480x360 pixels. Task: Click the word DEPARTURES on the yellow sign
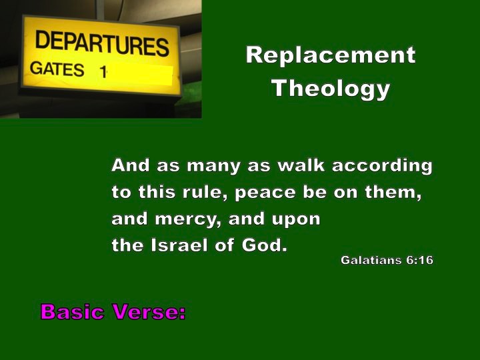coord(102,43)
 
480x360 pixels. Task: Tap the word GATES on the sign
coord(57,69)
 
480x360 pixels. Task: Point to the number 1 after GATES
coord(103,71)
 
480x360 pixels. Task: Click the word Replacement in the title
coord(331,55)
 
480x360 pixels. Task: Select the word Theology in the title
coord(331,89)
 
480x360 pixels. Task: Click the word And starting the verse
coord(131,165)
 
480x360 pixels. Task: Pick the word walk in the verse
coord(301,165)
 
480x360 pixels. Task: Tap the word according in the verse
coord(383,166)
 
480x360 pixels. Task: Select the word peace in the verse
coord(265,193)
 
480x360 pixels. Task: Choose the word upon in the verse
coord(296,220)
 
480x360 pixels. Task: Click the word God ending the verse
coord(265,245)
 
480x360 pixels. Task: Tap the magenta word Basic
coord(72,311)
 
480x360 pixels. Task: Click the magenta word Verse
coord(149,311)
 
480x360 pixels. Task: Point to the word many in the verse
coord(213,167)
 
